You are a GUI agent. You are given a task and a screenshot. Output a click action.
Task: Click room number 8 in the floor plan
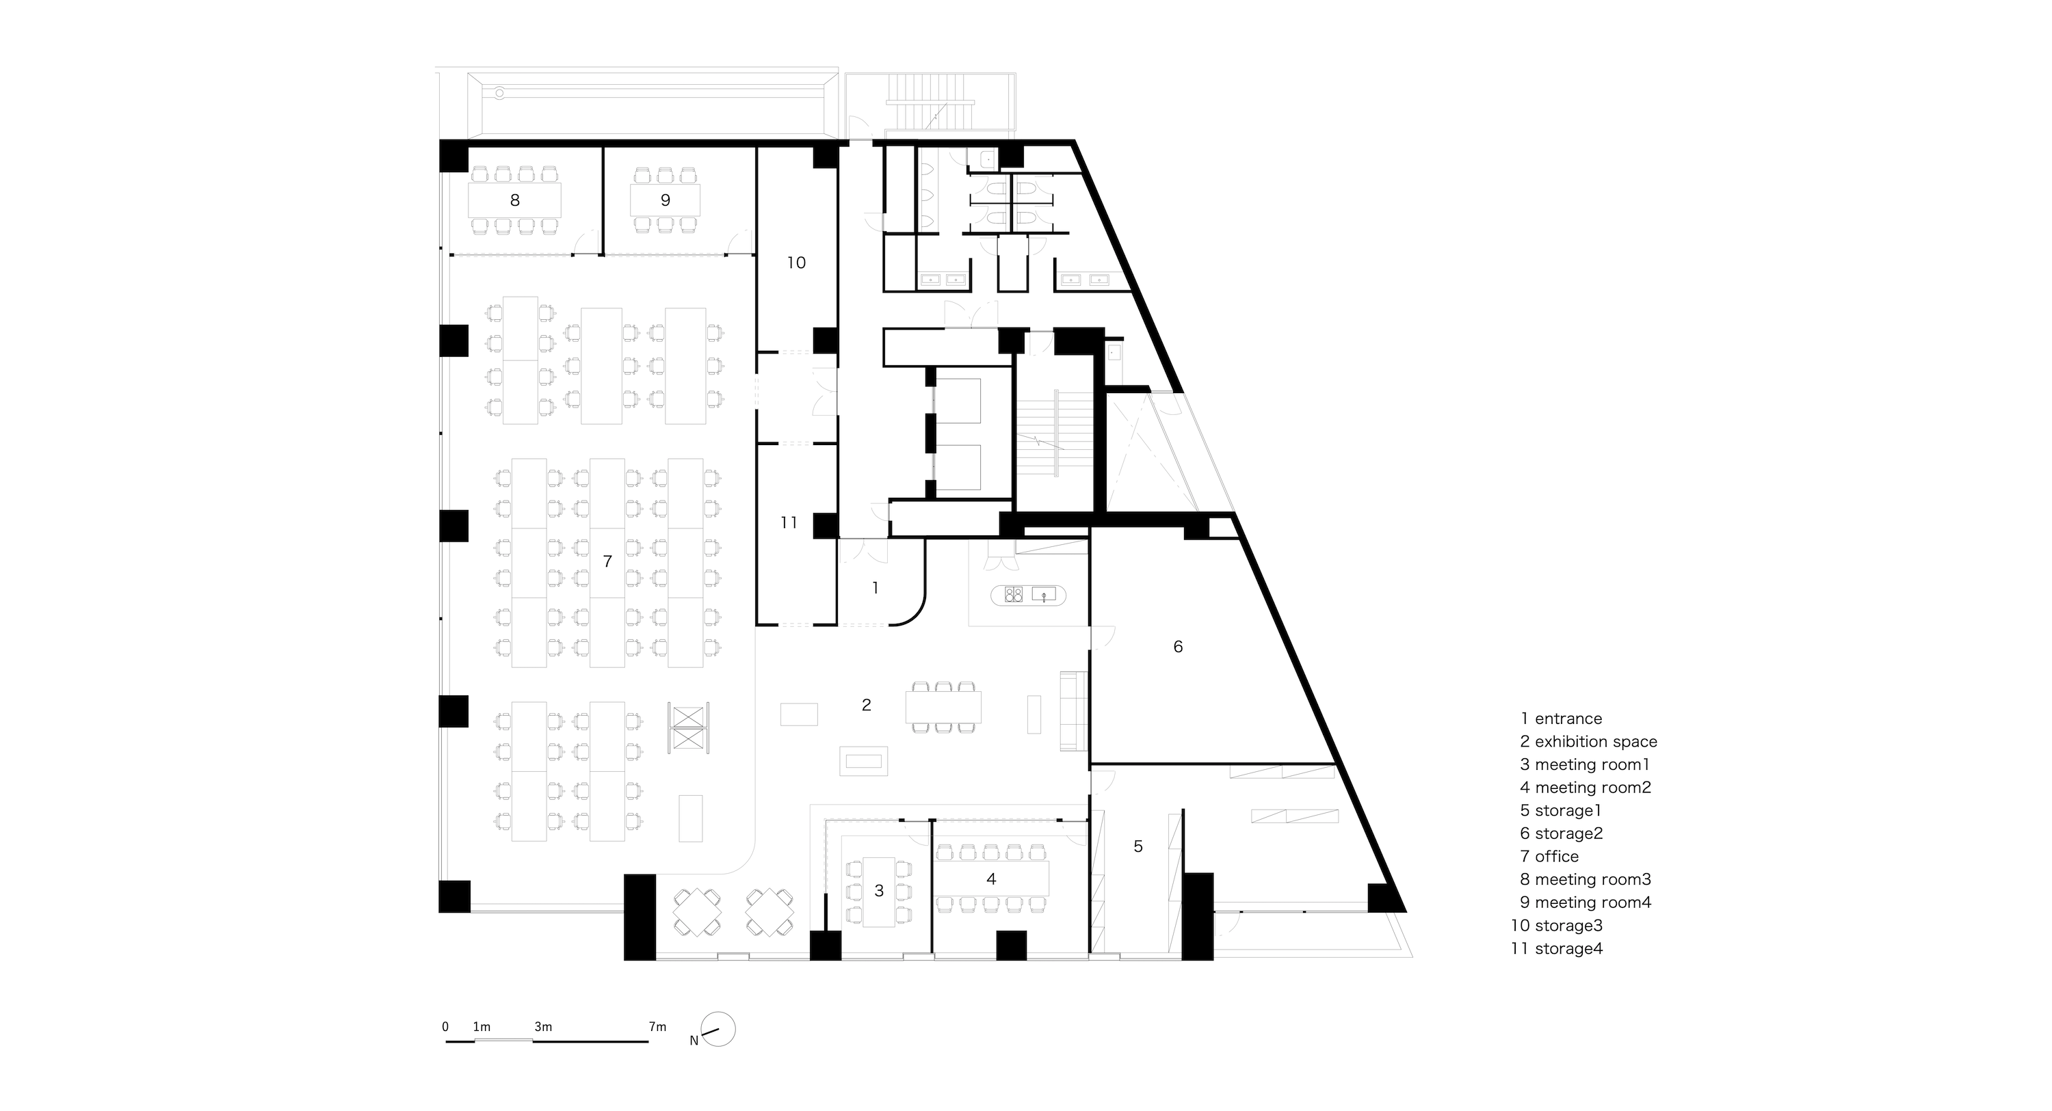coord(514,200)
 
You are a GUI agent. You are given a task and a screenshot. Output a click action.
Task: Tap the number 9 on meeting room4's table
coord(665,200)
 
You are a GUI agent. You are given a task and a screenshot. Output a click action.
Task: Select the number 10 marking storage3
coord(797,263)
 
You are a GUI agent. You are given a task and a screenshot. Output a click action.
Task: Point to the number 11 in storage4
coord(789,522)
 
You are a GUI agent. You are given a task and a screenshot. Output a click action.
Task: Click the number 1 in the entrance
coord(876,588)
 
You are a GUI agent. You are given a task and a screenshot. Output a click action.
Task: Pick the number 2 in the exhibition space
coord(867,705)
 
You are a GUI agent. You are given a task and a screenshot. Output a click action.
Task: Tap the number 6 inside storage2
coord(1178,647)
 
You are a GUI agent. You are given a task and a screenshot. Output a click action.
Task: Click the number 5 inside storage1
coord(1138,846)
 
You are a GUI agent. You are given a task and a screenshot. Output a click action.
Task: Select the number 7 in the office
coord(607,561)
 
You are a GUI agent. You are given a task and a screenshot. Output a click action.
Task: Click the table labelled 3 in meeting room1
coord(879,891)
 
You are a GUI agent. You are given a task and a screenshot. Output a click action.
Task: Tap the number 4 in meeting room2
coord(991,879)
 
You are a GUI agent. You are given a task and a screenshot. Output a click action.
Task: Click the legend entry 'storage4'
coord(1568,948)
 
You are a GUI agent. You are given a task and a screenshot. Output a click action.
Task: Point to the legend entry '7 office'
coord(1549,857)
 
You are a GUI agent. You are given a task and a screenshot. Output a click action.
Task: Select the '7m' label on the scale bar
coord(657,1027)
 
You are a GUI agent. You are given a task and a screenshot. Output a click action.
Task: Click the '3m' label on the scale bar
coord(543,1027)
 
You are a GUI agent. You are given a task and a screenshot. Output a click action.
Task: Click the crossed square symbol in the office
coord(688,727)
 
